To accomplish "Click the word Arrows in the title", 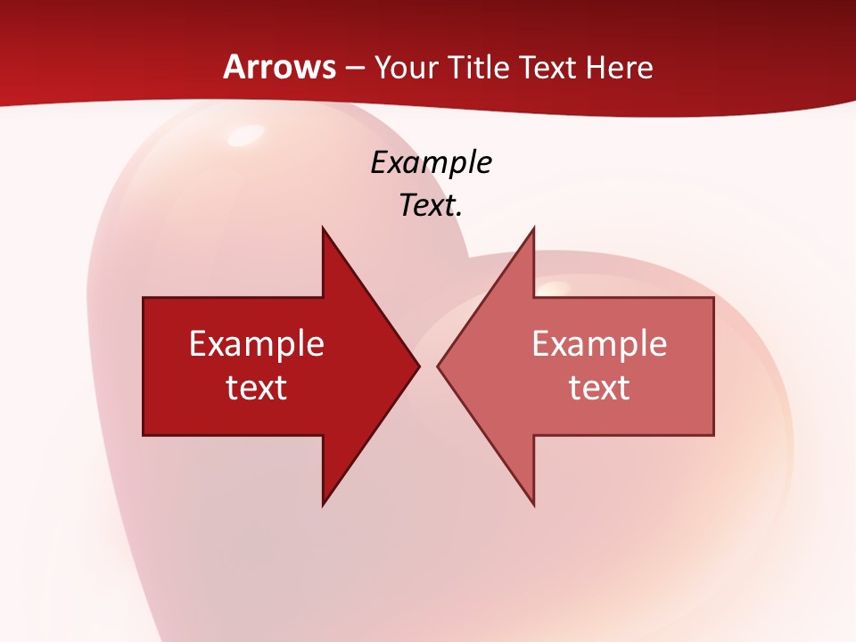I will (x=279, y=67).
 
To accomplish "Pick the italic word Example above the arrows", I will (x=431, y=162).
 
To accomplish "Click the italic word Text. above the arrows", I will (x=431, y=205).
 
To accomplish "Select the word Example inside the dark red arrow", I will (x=257, y=344).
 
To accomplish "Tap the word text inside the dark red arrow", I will (x=257, y=387).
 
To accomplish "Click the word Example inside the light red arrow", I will (x=599, y=344).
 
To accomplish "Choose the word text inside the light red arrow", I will (x=599, y=387).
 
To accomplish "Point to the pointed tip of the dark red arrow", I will (x=418, y=366).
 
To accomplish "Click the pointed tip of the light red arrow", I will (x=439, y=366).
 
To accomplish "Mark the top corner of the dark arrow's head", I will (x=323, y=229).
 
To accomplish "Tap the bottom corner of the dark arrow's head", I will (x=323, y=504).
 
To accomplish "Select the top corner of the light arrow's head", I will (x=533, y=229).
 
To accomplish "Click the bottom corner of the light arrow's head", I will (x=533, y=504).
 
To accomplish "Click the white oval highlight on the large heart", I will (x=242, y=136).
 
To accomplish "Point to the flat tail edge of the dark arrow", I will (x=144, y=366).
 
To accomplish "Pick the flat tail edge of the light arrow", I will (x=713, y=366).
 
